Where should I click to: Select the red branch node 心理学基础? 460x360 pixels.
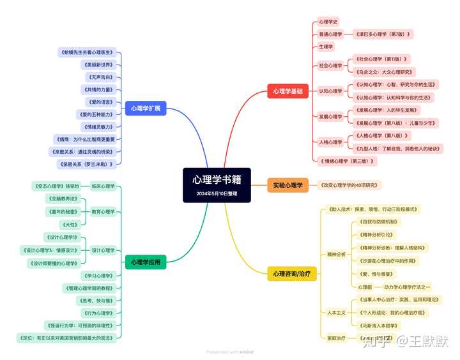[288, 91]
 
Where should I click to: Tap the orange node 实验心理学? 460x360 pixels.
[287, 185]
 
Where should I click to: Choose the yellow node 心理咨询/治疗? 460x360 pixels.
[292, 274]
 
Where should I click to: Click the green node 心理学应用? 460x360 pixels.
[146, 262]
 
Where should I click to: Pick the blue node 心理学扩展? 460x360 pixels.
[146, 109]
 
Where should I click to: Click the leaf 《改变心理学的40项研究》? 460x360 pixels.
[350, 185]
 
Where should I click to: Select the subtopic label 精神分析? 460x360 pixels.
[336, 254]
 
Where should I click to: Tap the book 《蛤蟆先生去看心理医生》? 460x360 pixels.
[86, 52]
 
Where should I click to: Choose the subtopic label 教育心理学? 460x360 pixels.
[103, 211]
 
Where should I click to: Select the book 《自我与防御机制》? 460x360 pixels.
[378, 222]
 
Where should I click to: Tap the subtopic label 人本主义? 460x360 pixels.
[336, 312]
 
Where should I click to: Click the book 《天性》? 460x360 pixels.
[68, 224]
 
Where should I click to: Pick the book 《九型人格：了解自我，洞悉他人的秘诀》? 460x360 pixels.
[398, 148]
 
